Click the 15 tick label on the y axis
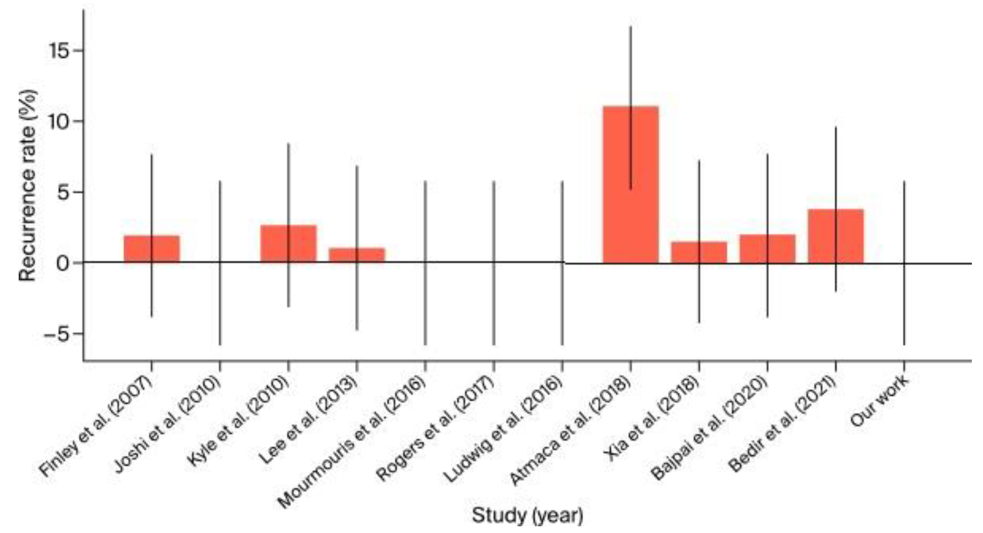[x=59, y=51]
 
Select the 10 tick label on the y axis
[x=59, y=122]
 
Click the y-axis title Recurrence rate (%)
[x=28, y=185]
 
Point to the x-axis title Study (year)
[x=527, y=516]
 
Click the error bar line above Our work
[x=904, y=222]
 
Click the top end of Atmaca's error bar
[x=630, y=27]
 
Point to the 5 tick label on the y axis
[x=64, y=192]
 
